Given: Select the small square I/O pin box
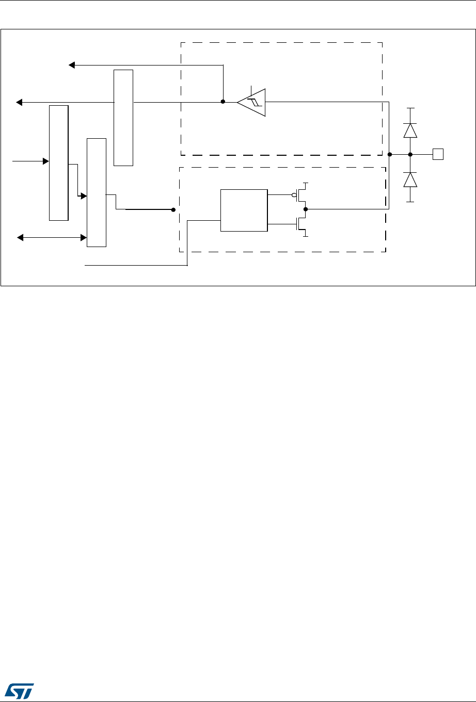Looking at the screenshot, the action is [438, 154].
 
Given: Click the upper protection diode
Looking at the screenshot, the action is [410, 130].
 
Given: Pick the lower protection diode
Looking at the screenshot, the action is [410, 179].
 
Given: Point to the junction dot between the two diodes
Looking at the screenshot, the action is [410, 154].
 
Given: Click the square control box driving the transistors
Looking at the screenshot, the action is [244, 210].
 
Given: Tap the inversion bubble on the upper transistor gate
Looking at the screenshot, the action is [294, 195].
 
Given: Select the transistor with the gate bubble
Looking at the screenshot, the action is [302, 195].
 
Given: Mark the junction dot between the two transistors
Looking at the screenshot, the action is [306, 209].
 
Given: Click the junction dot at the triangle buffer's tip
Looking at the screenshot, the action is [223, 102].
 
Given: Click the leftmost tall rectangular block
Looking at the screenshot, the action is [58, 162].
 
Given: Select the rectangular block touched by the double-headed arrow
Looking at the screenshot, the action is [97, 192].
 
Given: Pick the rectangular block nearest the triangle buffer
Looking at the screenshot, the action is [123, 118].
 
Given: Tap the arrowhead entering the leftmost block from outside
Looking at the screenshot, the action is [45, 161].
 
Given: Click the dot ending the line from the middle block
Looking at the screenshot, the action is [173, 210].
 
